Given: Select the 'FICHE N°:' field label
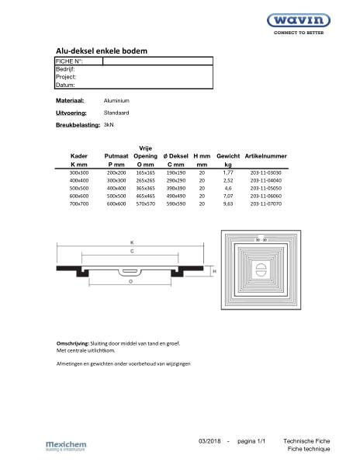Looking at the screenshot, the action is (x=69, y=61).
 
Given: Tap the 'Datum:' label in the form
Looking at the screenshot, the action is (x=65, y=85).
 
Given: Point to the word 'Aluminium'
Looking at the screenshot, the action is (x=116, y=101).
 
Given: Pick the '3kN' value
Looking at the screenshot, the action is (x=109, y=124).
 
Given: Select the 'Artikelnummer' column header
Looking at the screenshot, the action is (x=265, y=156).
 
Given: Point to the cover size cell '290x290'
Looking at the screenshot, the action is (x=175, y=179).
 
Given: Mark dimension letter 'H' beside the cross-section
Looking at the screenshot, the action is (x=213, y=271).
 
